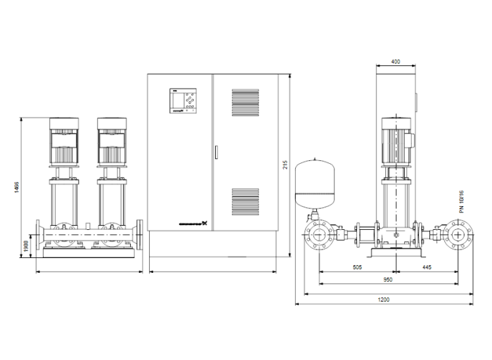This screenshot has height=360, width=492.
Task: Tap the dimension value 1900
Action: pos(27,245)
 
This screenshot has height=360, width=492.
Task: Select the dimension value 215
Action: pos(285,165)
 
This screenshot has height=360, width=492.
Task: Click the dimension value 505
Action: pos(356,268)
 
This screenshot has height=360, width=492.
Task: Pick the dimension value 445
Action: pos(427,268)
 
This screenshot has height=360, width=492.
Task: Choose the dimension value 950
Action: pos(387,280)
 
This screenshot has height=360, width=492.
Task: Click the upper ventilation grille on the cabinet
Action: pos(245,102)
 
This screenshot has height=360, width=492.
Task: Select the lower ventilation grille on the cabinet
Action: pos(245,201)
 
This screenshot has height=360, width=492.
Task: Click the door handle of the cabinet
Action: pos(216,152)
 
